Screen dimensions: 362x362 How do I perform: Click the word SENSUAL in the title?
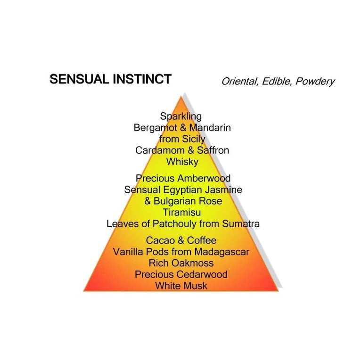pyautogui.click(x=79, y=79)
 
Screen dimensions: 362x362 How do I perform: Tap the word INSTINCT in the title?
pyautogui.click(x=142, y=79)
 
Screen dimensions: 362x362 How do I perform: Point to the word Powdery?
pyautogui.click(x=315, y=82)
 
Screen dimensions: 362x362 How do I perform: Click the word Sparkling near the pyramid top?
pyautogui.click(x=181, y=116)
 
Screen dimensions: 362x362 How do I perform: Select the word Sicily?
pyautogui.click(x=193, y=139)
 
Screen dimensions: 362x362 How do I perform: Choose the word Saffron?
pyautogui.click(x=213, y=150)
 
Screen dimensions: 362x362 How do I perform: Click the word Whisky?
pyautogui.click(x=182, y=162)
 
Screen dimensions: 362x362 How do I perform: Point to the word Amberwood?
pyautogui.click(x=204, y=178)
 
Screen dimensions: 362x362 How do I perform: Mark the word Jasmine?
pyautogui.click(x=223, y=190)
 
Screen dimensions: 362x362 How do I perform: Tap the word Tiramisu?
pyautogui.click(x=182, y=213)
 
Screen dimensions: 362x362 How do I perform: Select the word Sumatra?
pyautogui.click(x=241, y=224)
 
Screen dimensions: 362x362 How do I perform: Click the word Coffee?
pyautogui.click(x=202, y=240)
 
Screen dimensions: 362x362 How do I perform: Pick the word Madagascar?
pyautogui.click(x=222, y=252)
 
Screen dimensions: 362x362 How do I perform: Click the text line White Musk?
pyautogui.click(x=181, y=286)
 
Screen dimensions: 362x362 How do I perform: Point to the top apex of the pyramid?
pyautogui.click(x=181, y=97)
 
